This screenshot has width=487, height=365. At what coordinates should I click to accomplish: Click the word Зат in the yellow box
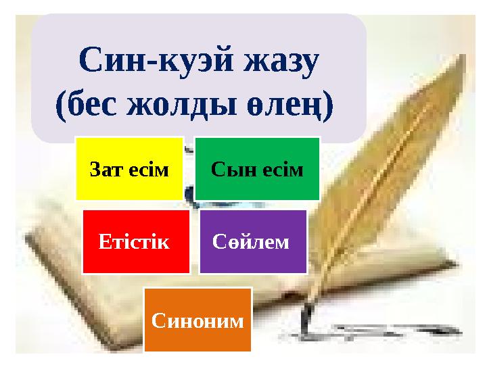pos(103,168)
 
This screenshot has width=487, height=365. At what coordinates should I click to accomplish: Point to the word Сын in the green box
pos(228,168)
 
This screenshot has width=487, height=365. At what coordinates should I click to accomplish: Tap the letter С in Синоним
pos(158,320)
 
